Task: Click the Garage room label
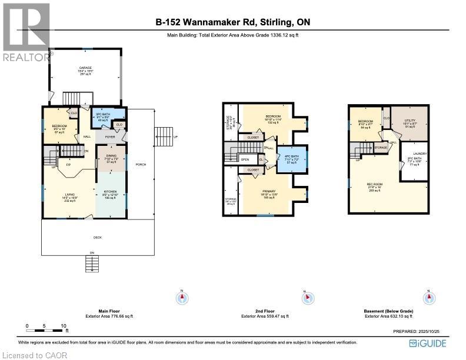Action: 86,68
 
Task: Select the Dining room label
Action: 111,156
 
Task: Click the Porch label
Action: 141,164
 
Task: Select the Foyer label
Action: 109,136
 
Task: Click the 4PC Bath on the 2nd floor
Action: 291,156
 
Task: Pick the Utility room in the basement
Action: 410,121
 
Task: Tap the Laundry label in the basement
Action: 421,154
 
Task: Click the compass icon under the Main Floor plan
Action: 182,298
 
